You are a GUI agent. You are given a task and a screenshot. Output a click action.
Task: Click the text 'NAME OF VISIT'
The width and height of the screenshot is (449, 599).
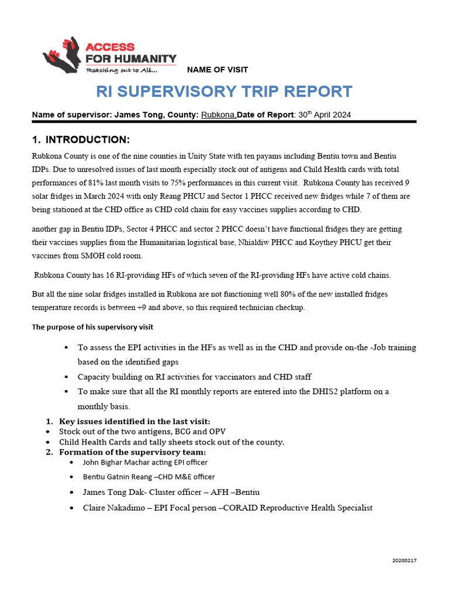[x=217, y=70]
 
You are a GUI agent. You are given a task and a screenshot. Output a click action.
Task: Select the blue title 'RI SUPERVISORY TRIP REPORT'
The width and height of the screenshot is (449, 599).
[x=224, y=91]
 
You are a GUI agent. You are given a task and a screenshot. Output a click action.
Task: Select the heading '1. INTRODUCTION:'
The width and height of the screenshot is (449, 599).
[x=80, y=140]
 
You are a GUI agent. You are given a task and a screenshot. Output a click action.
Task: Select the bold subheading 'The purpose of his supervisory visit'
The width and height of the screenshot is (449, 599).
[x=92, y=327]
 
